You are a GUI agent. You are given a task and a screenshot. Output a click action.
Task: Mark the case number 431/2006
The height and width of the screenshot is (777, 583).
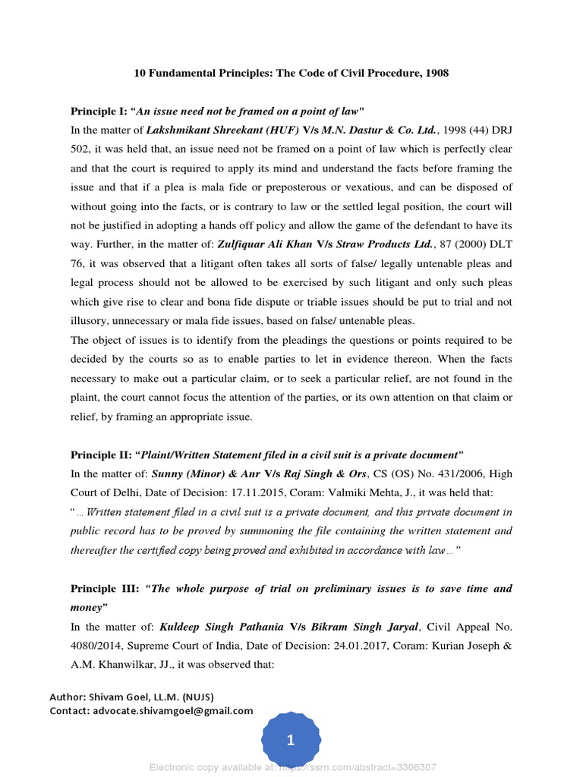[x=429, y=474]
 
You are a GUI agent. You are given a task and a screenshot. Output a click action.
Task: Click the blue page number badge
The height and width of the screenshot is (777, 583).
[x=291, y=741]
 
